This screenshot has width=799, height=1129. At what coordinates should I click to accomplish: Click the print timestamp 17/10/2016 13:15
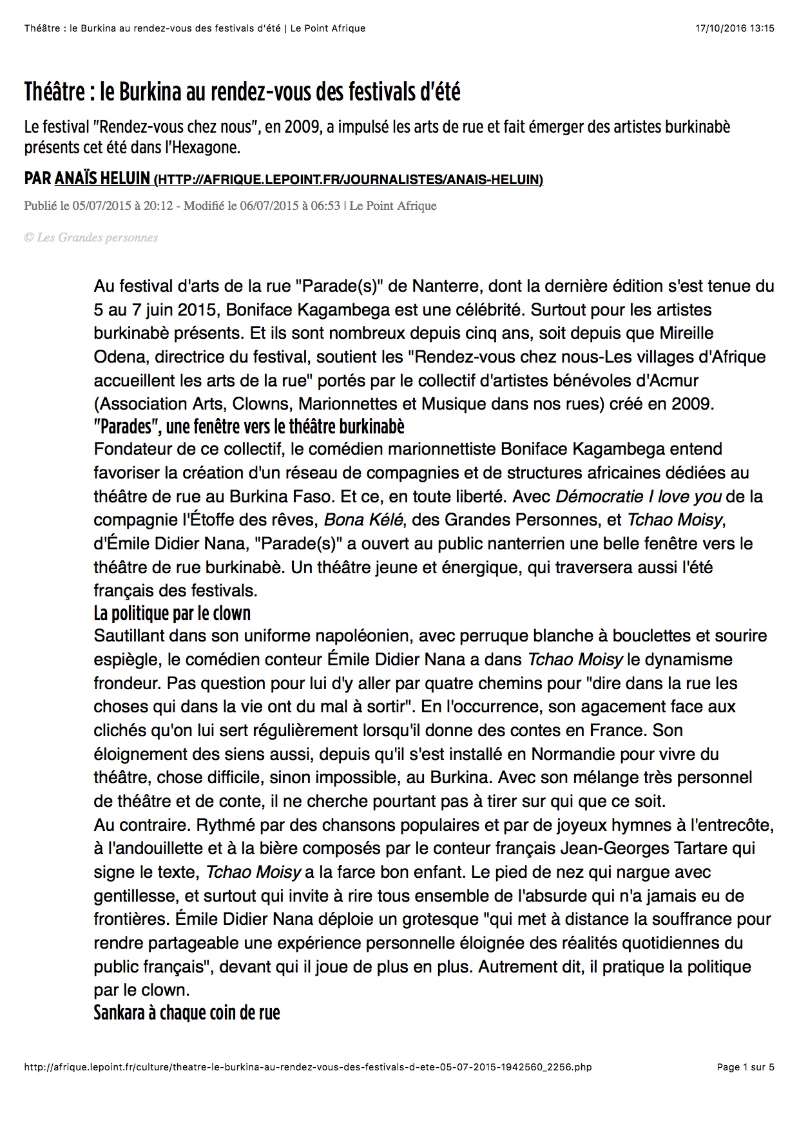[x=735, y=28]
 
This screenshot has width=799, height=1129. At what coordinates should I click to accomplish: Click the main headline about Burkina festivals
[x=242, y=93]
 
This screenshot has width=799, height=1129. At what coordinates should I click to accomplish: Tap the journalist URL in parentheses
[x=349, y=180]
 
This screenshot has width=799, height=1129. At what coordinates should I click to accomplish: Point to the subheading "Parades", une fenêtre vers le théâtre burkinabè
[x=249, y=426]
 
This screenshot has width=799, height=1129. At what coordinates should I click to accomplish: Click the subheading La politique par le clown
[x=172, y=612]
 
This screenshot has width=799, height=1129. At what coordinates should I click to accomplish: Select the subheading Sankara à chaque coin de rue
[x=187, y=1012]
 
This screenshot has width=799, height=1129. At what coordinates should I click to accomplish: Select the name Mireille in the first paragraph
[x=687, y=333]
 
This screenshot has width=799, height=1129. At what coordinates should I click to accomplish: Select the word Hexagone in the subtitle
[x=204, y=147]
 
